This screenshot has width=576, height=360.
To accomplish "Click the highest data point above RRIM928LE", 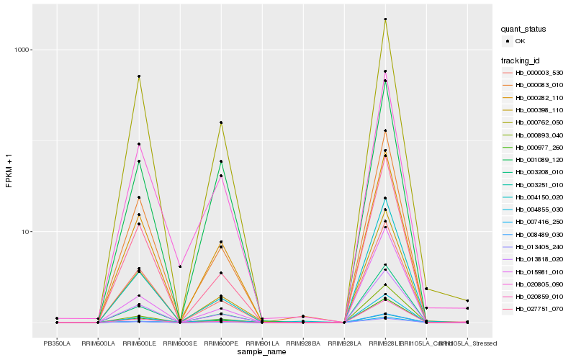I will [x=385, y=19].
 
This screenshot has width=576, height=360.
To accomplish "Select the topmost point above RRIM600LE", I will [x=139, y=76].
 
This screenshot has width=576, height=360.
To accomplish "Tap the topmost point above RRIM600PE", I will [x=221, y=122].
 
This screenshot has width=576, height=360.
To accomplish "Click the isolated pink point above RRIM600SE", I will [x=180, y=266].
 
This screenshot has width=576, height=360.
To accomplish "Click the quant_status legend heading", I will [x=523, y=29].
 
